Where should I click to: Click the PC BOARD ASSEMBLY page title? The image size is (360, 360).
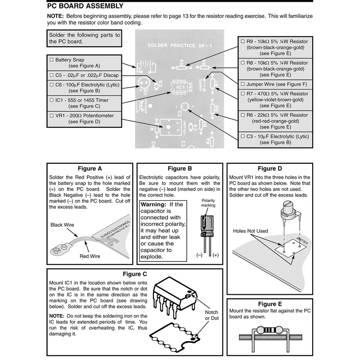(85, 6)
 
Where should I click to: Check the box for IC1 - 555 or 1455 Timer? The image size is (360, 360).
(51, 100)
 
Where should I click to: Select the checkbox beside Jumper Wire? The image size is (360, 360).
(243, 84)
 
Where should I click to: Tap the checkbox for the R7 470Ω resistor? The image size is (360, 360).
(243, 94)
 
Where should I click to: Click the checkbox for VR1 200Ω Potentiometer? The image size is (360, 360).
(51, 116)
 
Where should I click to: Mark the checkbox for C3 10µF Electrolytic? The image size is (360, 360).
(243, 136)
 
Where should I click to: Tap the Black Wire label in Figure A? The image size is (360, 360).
(63, 225)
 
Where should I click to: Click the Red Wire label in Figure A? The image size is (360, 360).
(90, 256)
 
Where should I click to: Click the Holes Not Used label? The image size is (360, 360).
(250, 231)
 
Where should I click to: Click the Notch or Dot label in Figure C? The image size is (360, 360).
(211, 315)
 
